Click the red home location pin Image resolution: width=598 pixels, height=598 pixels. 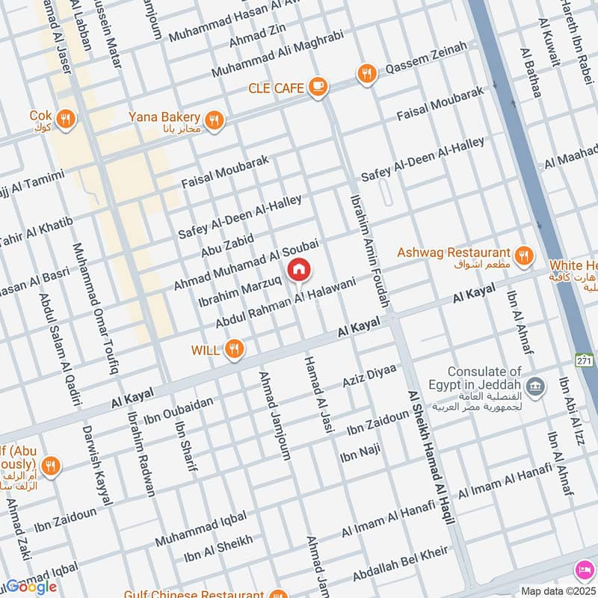(299, 270)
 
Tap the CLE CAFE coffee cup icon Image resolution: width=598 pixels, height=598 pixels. (318, 87)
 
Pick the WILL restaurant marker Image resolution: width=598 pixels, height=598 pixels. (235, 348)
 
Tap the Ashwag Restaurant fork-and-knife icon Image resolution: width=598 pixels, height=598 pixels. (525, 255)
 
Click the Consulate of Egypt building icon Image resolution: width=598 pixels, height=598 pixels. (534, 386)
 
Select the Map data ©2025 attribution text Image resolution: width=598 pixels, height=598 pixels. (557, 591)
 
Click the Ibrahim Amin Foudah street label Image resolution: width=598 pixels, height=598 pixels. (370, 250)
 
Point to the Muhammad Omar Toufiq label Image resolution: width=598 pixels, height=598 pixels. (96, 307)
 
